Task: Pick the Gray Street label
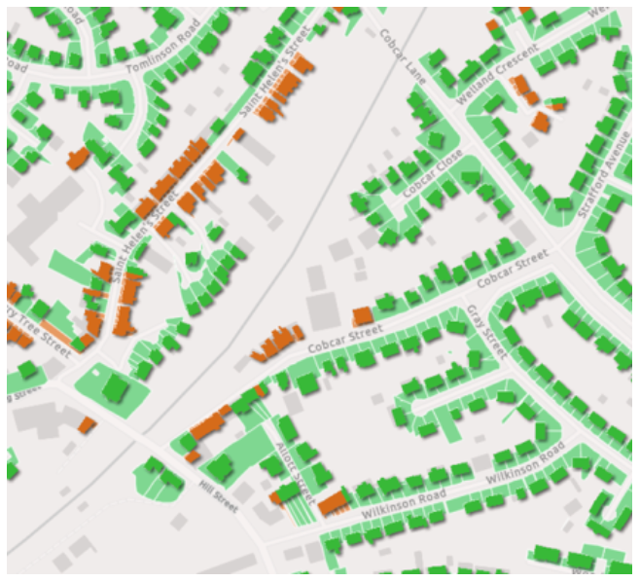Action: click(487, 331)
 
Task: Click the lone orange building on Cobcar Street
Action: click(362, 315)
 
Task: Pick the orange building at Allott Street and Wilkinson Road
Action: click(333, 503)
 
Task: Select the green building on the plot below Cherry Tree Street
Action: click(117, 389)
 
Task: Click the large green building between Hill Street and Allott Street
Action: click(221, 467)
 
